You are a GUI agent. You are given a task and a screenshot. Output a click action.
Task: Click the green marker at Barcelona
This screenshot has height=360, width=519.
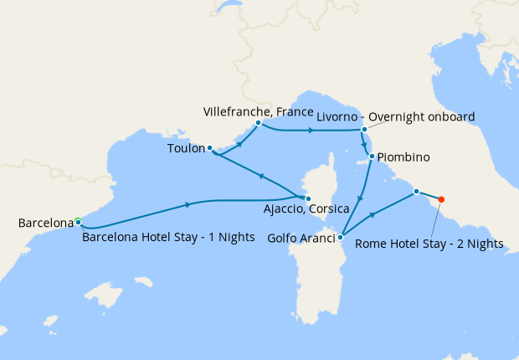(78, 222)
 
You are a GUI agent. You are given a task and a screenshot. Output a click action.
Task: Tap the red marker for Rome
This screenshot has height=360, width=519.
(441, 199)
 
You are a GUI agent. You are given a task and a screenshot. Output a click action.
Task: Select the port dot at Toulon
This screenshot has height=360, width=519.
(209, 147)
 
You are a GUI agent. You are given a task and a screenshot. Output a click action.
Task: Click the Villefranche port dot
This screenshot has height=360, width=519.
(258, 123)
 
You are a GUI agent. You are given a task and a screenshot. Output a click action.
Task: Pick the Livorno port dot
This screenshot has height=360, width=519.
(364, 130)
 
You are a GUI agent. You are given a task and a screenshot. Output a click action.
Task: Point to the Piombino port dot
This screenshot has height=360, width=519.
(372, 157)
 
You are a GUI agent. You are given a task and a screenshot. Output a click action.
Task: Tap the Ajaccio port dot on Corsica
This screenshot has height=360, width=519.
(308, 198)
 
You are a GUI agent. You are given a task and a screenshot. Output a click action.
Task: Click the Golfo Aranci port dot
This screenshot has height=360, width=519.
(340, 238)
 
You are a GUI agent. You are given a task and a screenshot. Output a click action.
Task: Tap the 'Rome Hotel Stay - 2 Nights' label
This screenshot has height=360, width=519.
(429, 244)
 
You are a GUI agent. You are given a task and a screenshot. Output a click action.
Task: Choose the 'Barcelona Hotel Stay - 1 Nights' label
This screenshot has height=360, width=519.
(168, 237)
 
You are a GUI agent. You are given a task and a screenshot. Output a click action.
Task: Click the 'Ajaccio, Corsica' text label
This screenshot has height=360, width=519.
(305, 211)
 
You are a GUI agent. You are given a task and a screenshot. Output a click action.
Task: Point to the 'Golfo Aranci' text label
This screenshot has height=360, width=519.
(301, 238)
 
